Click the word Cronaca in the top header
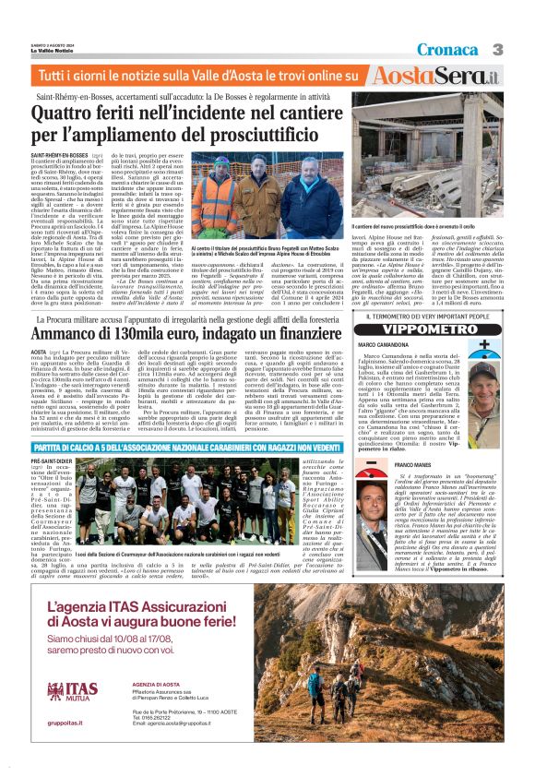pos(446,48)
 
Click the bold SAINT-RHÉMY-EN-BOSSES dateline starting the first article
pos(59,154)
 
